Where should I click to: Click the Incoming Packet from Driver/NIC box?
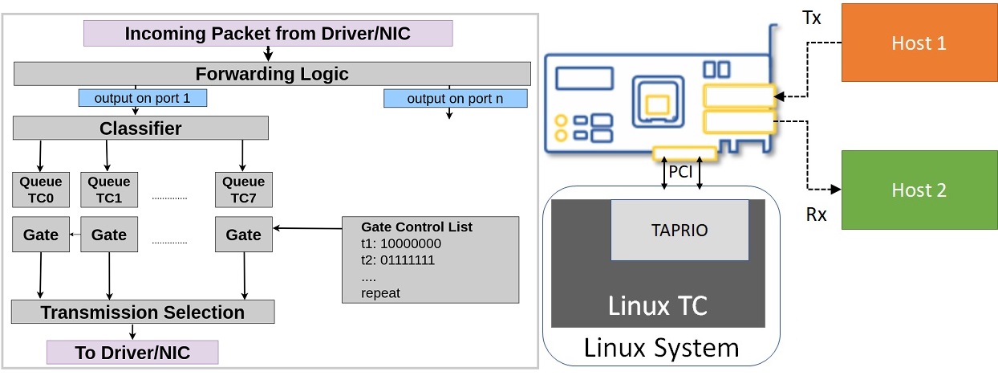[x=268, y=34]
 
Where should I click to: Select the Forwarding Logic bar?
[x=272, y=75]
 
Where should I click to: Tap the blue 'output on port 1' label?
[x=143, y=99]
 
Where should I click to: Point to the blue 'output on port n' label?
[x=455, y=99]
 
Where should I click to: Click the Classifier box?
[x=140, y=129]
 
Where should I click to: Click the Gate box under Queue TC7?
[x=243, y=235]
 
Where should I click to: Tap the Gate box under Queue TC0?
[x=41, y=235]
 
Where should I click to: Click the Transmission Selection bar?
[x=143, y=312]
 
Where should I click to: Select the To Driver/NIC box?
[x=132, y=353]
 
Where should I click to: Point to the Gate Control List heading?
[x=416, y=227]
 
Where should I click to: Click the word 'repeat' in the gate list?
[x=380, y=293]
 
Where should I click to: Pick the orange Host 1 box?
[x=919, y=43]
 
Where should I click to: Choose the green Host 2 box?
[x=919, y=190]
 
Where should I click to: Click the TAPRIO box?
[x=680, y=230]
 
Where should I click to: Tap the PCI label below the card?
[x=681, y=171]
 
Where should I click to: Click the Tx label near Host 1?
[x=811, y=18]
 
